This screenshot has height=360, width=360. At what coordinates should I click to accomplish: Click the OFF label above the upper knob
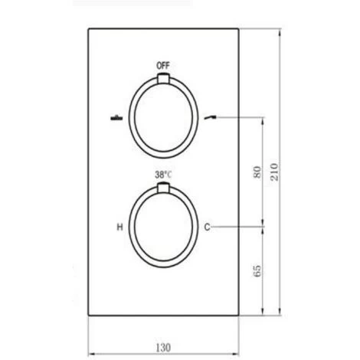163,66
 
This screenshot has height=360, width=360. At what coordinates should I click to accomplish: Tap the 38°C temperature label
163,175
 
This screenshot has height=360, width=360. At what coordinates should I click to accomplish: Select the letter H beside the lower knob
119,227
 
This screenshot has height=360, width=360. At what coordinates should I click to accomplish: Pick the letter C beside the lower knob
207,227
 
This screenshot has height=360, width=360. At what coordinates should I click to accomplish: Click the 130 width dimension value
163,347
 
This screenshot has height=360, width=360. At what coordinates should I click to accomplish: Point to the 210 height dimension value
274,172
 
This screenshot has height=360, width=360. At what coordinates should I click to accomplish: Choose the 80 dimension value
257,172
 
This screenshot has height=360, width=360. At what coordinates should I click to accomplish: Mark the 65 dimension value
257,270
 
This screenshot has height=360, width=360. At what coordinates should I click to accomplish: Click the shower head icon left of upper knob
116,118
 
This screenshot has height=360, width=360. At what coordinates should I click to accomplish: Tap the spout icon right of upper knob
210,117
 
